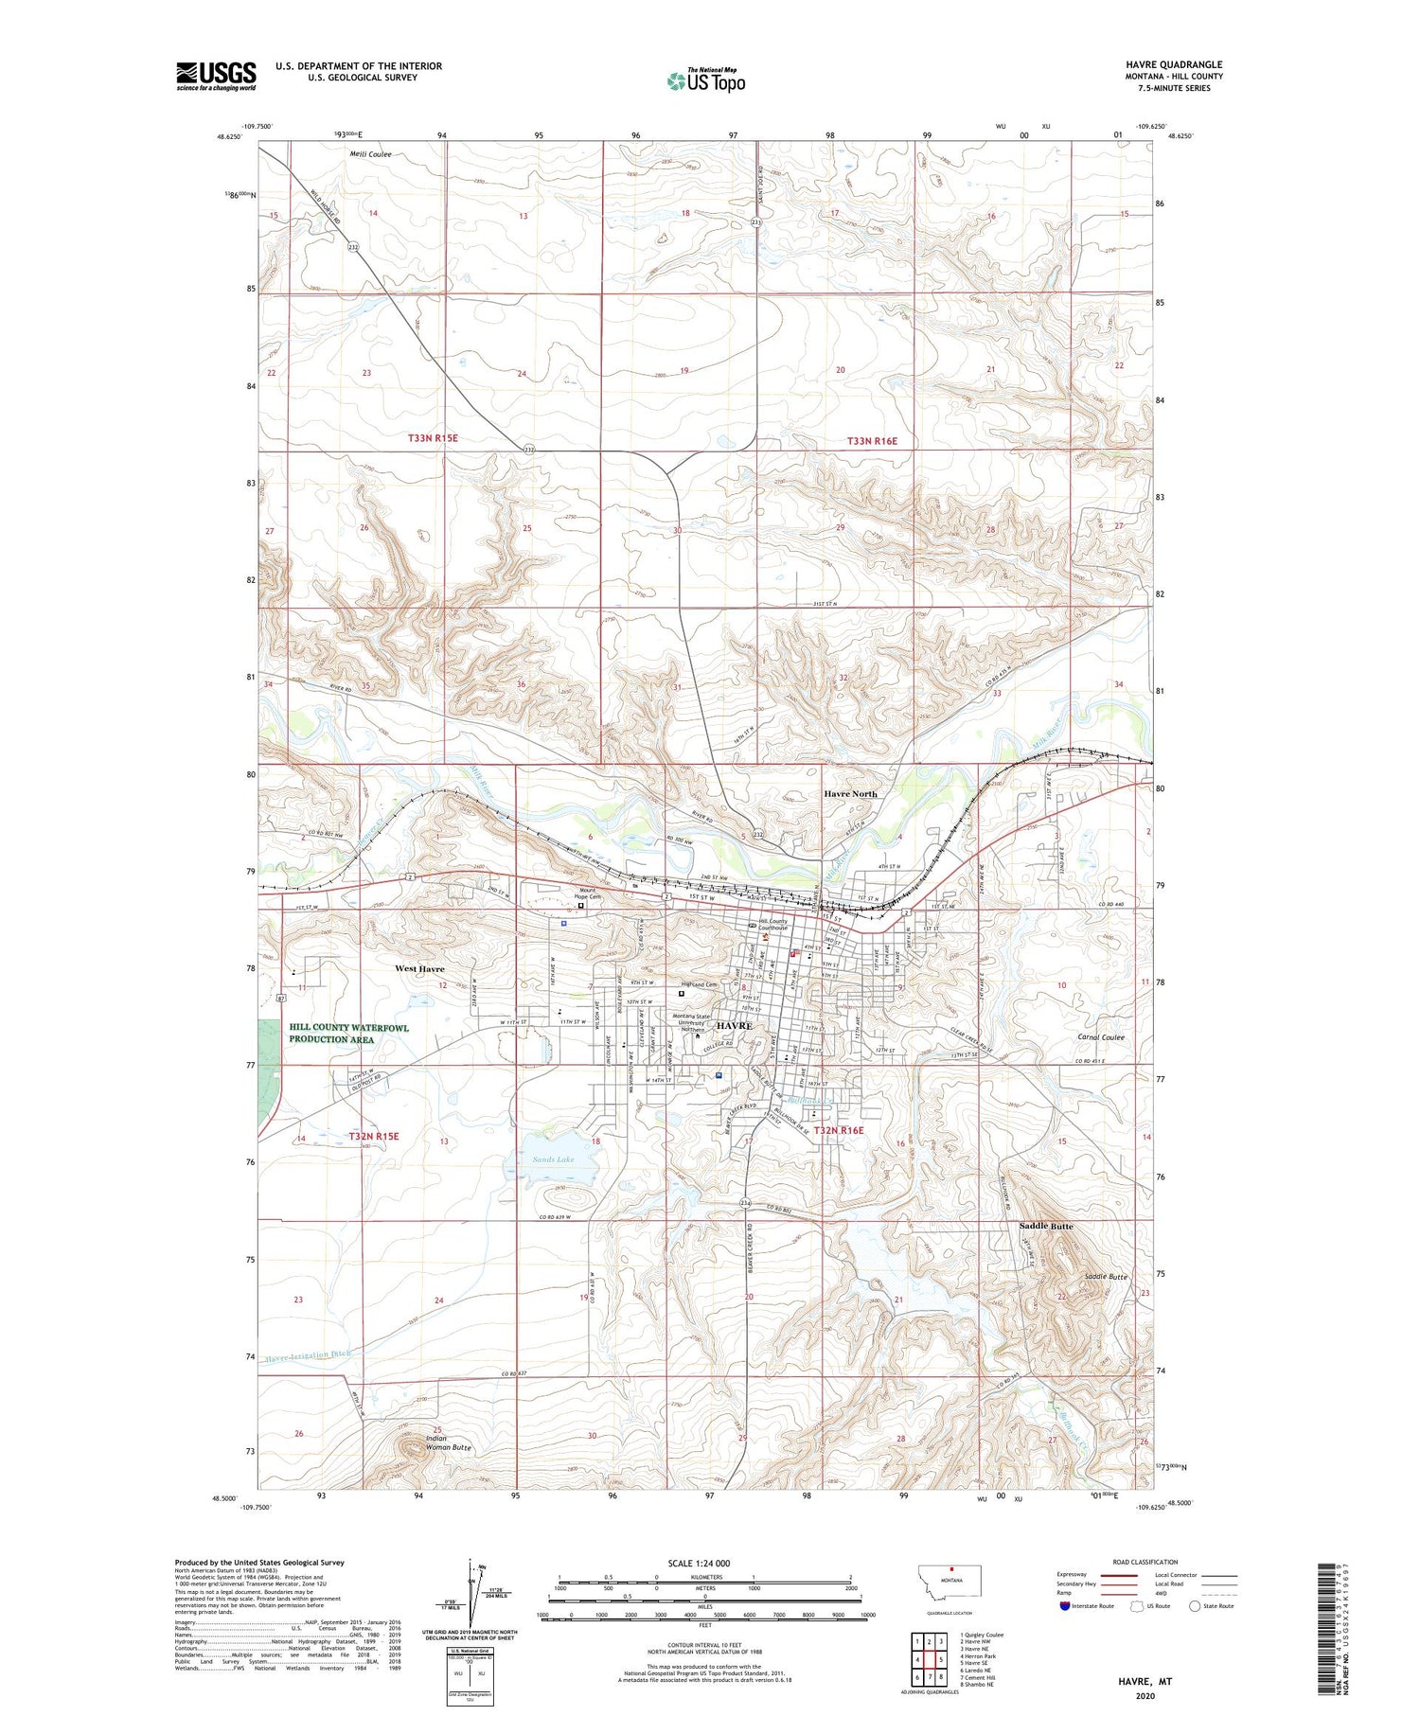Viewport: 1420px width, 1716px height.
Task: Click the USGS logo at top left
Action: (216, 76)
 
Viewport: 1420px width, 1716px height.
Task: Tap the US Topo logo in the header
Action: (705, 81)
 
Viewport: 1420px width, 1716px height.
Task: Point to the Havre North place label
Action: (849, 794)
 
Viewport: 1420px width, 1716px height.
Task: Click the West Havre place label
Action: (419, 969)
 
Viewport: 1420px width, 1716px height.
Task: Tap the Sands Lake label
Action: (552, 1159)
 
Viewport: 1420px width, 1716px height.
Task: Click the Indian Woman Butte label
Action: (448, 1443)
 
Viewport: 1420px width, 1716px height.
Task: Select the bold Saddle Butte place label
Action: (1045, 1226)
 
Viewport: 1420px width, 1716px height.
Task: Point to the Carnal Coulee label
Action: (1101, 1037)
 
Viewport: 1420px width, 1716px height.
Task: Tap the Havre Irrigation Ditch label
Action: (308, 1356)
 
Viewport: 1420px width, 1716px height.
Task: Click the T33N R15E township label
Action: (433, 438)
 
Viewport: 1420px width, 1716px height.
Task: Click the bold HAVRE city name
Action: (734, 1026)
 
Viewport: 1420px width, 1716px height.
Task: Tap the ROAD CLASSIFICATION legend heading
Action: (1145, 1562)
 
